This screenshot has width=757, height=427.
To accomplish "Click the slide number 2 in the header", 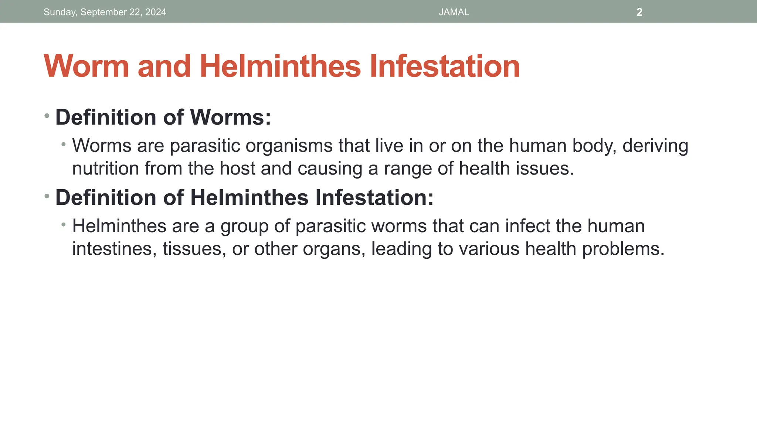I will point(639,12).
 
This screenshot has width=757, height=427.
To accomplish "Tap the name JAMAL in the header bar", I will point(454,12).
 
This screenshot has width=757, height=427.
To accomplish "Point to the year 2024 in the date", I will point(156,12).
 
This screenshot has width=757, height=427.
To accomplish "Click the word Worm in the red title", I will point(86,67).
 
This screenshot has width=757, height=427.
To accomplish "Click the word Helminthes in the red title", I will point(280,67).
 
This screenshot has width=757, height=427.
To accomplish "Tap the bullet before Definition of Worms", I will point(47,116).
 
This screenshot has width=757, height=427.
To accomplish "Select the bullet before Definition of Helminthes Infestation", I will point(47,196).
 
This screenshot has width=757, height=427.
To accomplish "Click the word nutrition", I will point(105,169).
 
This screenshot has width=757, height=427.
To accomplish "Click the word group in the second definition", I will point(244,227).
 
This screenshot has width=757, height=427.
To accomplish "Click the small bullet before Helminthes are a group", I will point(64,224).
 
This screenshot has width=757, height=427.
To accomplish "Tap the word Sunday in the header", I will point(59,12).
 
